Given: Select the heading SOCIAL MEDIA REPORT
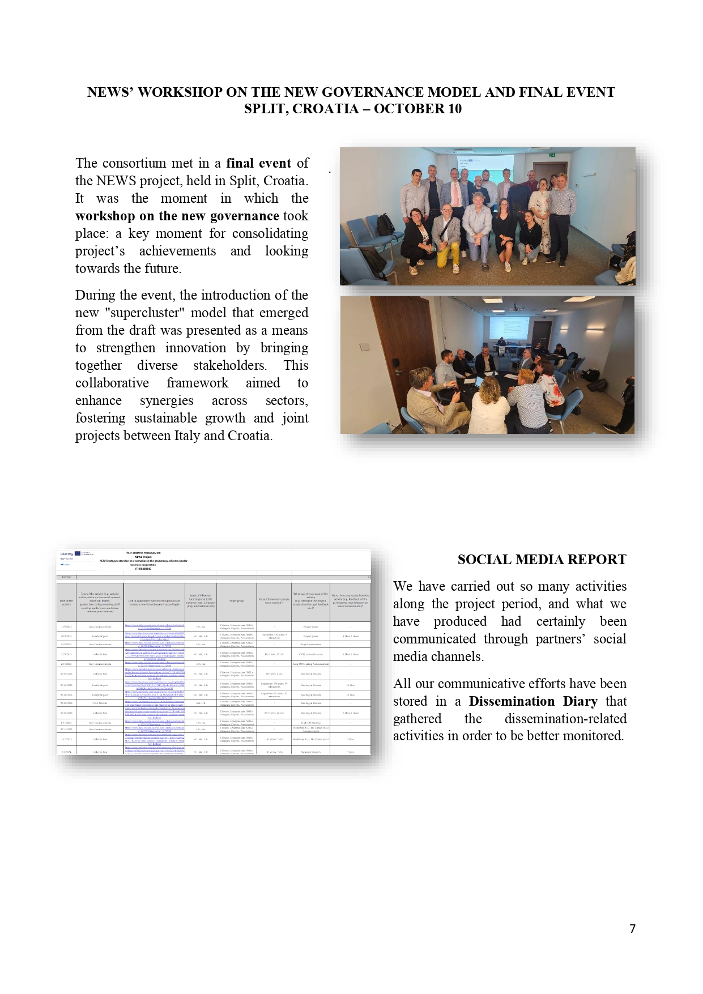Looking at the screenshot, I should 542,560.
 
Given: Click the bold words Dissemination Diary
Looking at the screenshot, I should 532,701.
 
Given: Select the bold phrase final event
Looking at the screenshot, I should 259,163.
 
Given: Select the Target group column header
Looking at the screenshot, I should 236,601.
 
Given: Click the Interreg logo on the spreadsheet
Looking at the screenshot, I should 67,554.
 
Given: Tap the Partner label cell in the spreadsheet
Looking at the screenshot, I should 66,577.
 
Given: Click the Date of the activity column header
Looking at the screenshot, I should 66,603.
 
